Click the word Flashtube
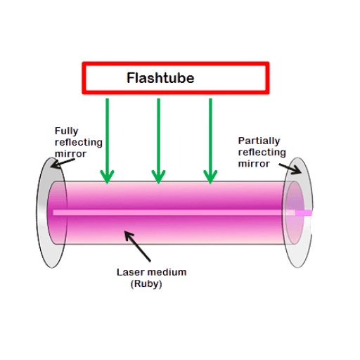(160, 78)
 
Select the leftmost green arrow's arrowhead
(107, 176)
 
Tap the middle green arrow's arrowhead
(159, 176)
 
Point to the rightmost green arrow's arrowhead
(210, 176)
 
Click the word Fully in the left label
(66, 131)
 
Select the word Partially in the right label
(259, 141)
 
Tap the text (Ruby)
(146, 284)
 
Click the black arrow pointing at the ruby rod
(137, 246)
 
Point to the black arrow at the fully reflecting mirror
(63, 163)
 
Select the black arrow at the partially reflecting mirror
(290, 169)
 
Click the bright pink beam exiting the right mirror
(304, 213)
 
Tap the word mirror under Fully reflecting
(70, 154)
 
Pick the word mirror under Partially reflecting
(254, 164)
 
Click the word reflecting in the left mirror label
(79, 143)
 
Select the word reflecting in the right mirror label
(262, 153)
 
